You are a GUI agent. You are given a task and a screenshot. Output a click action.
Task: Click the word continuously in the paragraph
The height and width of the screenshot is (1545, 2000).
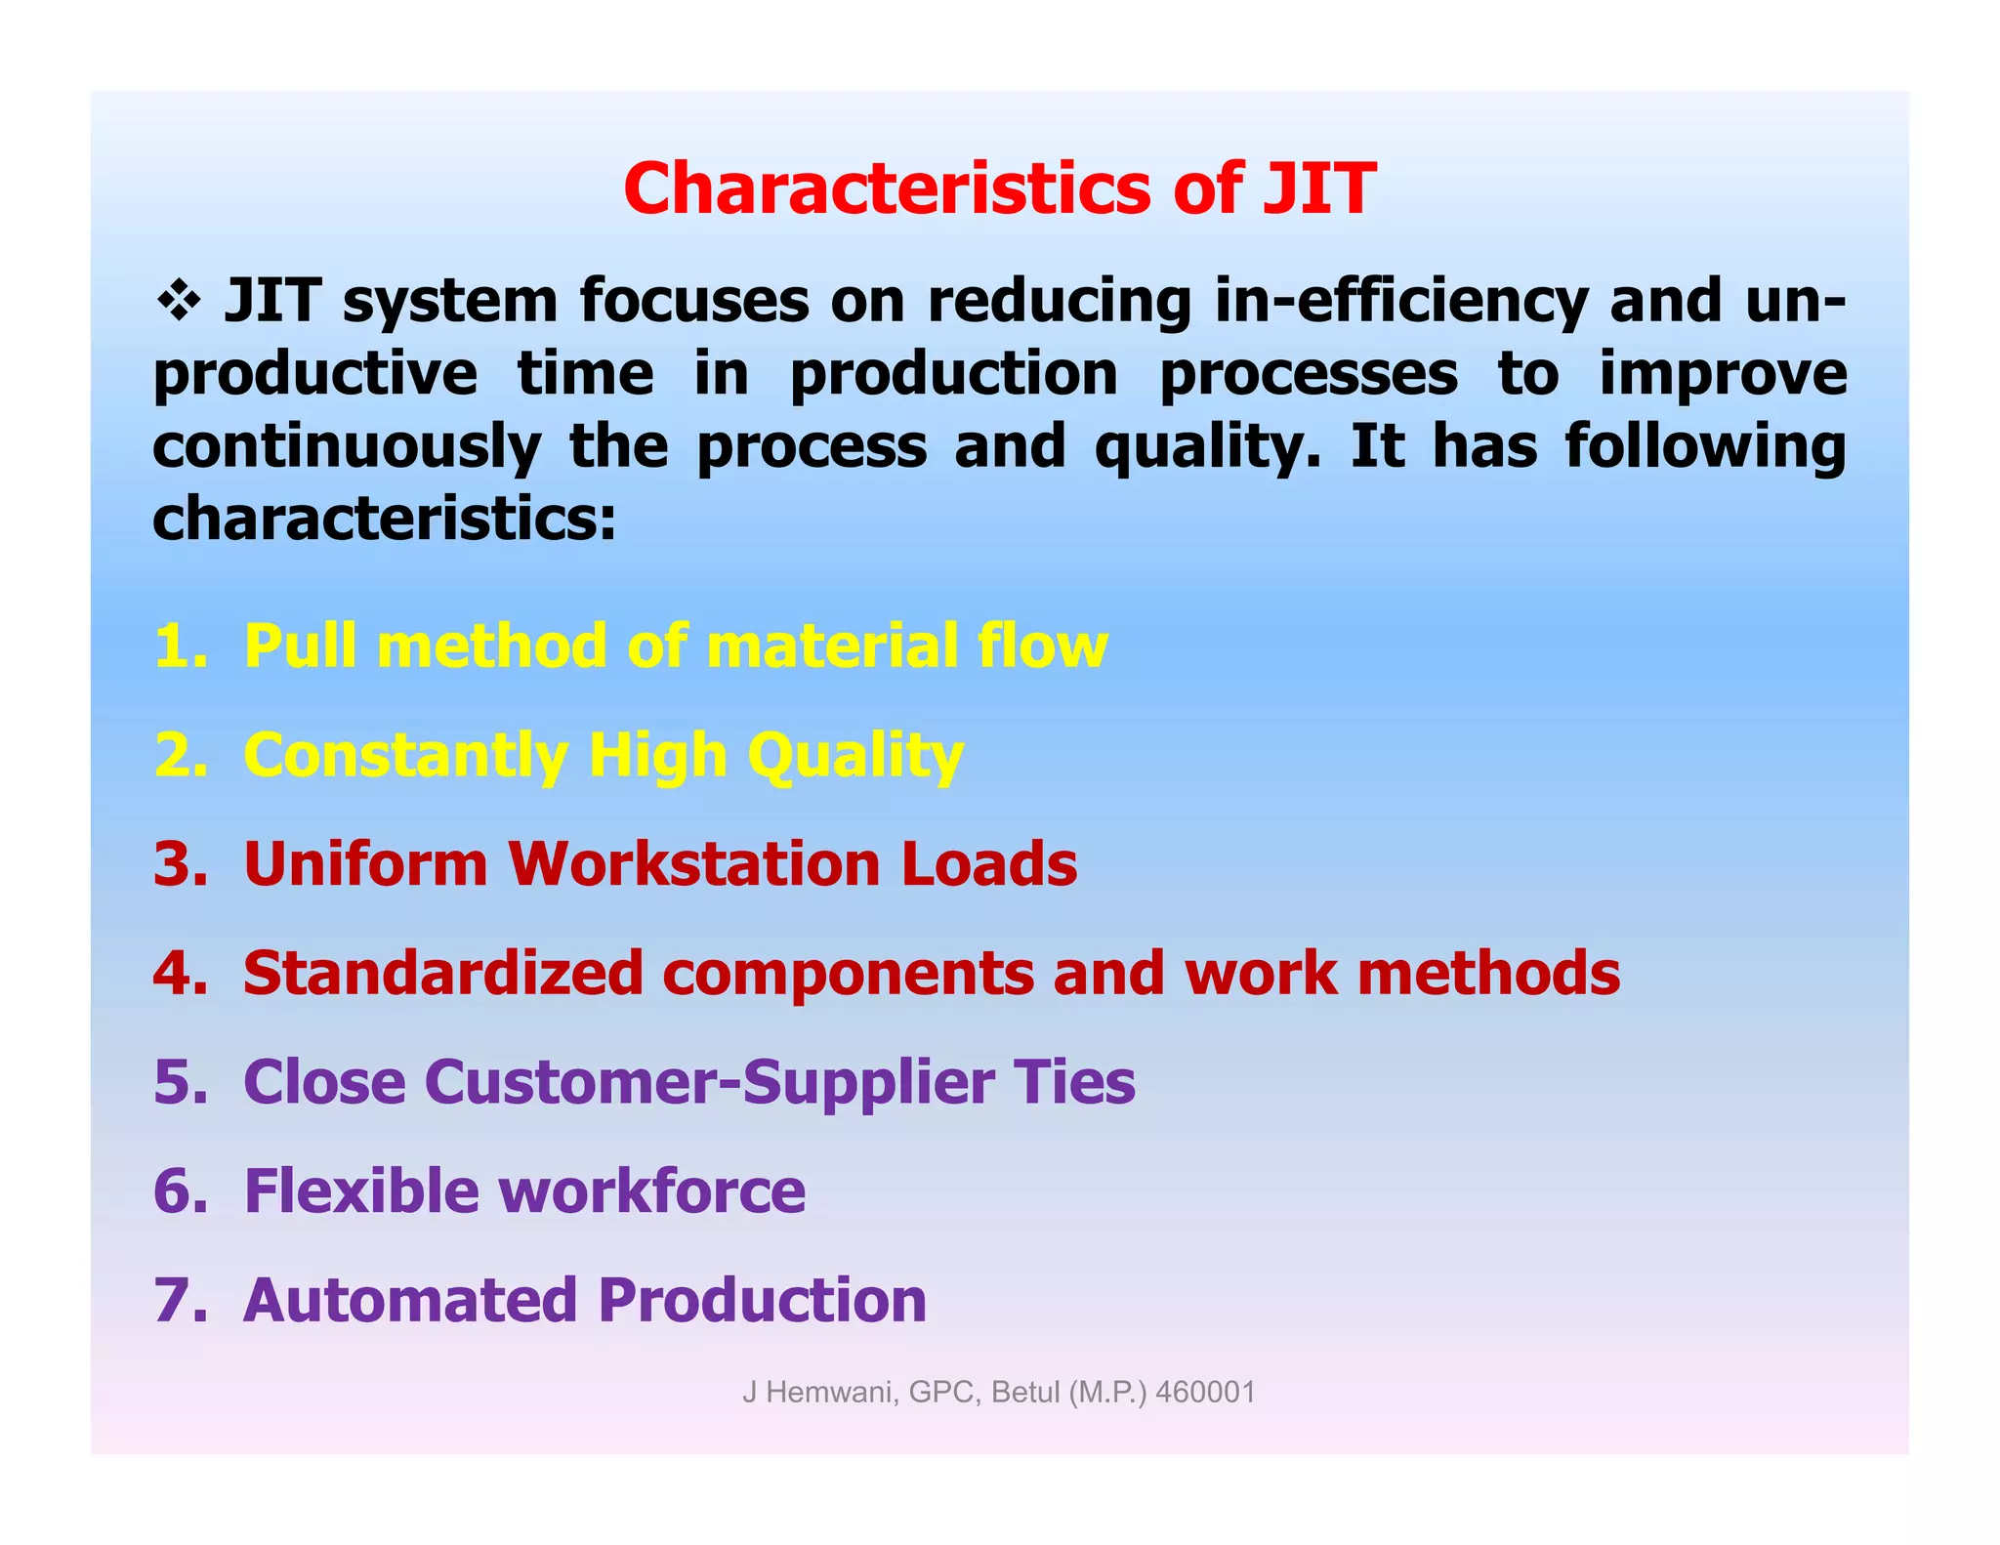(x=347, y=447)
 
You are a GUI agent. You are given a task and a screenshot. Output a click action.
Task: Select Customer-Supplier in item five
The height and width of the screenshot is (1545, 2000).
(x=709, y=1082)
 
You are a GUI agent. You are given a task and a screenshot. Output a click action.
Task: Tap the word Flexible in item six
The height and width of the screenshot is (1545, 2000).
(x=360, y=1191)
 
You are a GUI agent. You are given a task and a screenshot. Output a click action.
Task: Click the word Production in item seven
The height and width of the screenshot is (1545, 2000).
(x=762, y=1301)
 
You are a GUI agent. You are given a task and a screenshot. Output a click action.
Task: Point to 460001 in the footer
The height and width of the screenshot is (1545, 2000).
(x=1205, y=1392)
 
